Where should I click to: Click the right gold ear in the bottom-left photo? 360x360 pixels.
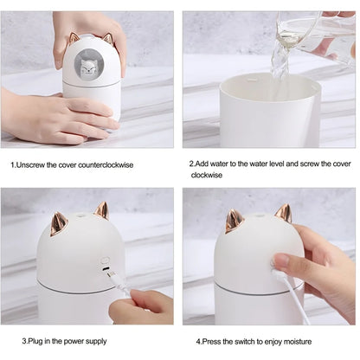(102, 211)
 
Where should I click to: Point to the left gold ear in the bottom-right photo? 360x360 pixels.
(235, 222)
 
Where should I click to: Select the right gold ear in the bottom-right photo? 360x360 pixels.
(283, 213)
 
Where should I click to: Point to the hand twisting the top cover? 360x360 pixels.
(87, 26)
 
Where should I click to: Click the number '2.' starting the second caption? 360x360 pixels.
(192, 163)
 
